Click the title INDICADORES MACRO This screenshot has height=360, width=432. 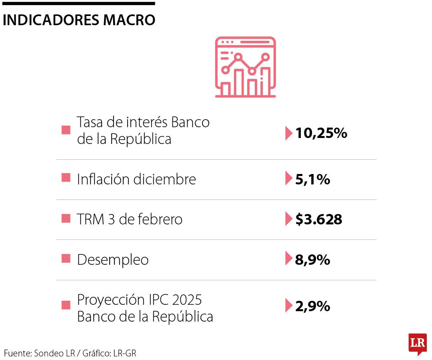(79, 20)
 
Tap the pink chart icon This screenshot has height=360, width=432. (245, 67)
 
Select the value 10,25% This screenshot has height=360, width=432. (321, 133)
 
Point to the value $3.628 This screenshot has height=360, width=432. (319, 219)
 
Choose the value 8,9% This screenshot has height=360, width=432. (312, 260)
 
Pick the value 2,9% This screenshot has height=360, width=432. (312, 306)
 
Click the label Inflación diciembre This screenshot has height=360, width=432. (136, 179)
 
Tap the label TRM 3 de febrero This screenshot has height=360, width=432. (130, 219)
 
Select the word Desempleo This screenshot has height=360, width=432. (113, 260)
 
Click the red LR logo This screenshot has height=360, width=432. (417, 343)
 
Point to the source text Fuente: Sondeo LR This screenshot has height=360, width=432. (39, 353)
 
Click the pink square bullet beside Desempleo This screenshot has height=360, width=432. (66, 259)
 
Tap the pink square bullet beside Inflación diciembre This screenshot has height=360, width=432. (66, 178)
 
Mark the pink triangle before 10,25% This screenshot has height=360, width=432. (288, 133)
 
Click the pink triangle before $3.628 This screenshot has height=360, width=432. (288, 219)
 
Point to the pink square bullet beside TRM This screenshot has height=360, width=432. (66, 218)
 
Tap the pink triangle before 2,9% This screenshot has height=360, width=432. (288, 306)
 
